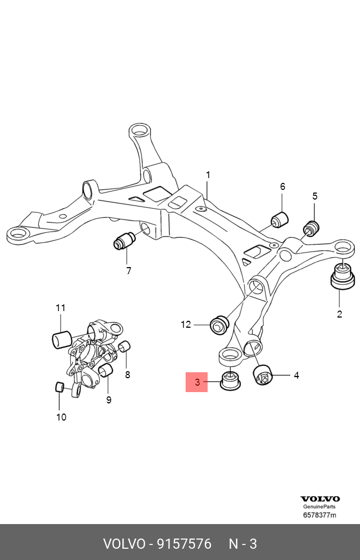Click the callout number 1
(208, 175)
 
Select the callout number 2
(339, 314)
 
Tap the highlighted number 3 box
(196, 382)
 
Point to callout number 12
(186, 324)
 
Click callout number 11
(60, 308)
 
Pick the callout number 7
(128, 271)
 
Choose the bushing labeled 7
(124, 240)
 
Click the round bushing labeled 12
(219, 325)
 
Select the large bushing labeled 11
(62, 339)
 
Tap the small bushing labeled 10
(61, 387)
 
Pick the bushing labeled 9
(105, 371)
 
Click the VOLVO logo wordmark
(320, 499)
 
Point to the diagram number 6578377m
(320, 515)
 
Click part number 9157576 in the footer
(183, 544)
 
